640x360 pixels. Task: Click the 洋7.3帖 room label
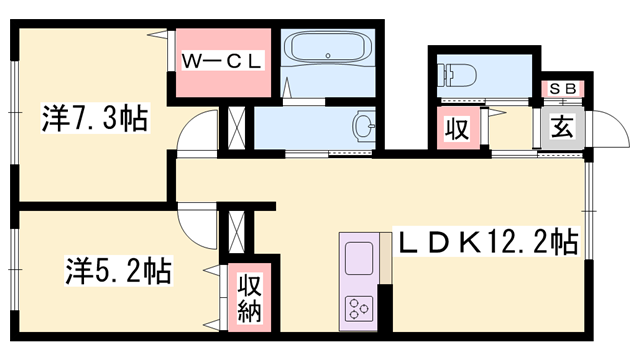pos(94,119)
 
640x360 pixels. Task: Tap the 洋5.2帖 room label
pos(118,271)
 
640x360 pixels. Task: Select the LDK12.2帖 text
pos(488,242)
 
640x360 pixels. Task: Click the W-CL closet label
pos(221,61)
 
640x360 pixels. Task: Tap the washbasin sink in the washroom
pos(364,126)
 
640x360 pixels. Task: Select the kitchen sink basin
pos(359,261)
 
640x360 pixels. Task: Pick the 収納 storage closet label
pos(248,297)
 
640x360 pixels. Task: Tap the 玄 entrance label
pos(561,128)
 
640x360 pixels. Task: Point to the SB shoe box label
pos(561,88)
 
